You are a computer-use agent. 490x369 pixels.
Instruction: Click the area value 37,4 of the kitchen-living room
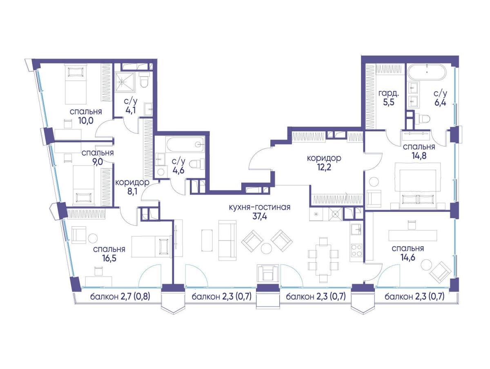point(260,216)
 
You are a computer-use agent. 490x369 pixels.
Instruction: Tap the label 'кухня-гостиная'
point(260,207)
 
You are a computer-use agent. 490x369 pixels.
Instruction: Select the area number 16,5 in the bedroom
point(109,259)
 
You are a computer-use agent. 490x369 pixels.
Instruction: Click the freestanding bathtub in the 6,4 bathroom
point(427,72)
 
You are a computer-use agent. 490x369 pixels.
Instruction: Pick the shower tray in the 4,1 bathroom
point(125,82)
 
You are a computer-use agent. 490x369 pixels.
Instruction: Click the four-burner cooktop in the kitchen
point(356,250)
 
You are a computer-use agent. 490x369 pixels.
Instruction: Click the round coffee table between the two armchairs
point(266,248)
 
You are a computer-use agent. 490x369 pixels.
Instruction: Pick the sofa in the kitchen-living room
point(227,240)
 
